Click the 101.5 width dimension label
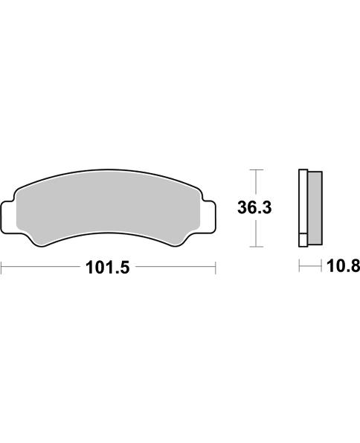(x=107, y=268)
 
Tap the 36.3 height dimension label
(x=254, y=207)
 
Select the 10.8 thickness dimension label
(x=344, y=266)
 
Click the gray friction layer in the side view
(x=315, y=208)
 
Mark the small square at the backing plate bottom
(x=303, y=240)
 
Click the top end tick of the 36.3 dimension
(x=256, y=169)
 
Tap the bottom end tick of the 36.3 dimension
(x=256, y=247)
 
